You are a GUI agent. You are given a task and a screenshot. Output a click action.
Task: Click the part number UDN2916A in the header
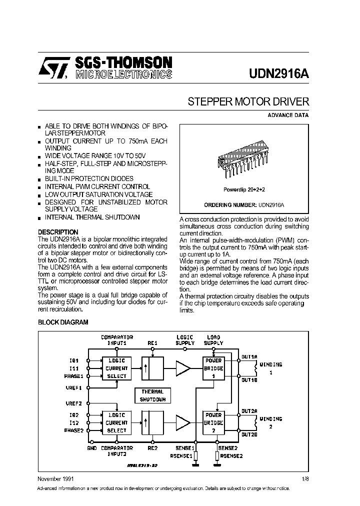(x=278, y=73)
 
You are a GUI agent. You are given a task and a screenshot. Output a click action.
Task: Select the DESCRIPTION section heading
(x=58, y=232)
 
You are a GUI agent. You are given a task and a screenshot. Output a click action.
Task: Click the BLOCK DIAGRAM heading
(x=63, y=322)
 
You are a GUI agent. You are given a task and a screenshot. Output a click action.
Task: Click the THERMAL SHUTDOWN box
(x=152, y=395)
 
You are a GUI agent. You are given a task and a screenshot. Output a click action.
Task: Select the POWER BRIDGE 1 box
(x=213, y=368)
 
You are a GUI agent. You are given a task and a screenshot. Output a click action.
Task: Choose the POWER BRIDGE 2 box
(x=213, y=422)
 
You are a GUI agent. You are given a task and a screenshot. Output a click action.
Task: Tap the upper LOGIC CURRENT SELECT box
(x=116, y=368)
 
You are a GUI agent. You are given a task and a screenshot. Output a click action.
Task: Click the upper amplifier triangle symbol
(x=182, y=368)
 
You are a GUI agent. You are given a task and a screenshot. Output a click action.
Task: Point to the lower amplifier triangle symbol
(x=182, y=423)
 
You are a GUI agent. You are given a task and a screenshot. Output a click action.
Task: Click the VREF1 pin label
(x=73, y=387)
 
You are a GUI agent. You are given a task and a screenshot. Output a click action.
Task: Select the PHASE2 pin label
(x=74, y=430)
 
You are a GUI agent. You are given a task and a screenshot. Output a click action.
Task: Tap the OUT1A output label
(x=249, y=357)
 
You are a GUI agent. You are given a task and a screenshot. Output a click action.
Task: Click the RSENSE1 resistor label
(x=181, y=455)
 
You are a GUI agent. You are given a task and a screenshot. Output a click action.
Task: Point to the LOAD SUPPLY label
(x=213, y=340)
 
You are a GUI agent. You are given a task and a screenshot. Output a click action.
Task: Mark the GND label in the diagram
(x=91, y=448)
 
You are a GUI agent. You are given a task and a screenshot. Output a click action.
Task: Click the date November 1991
(x=56, y=478)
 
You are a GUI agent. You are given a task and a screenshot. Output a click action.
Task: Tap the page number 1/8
(x=305, y=478)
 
